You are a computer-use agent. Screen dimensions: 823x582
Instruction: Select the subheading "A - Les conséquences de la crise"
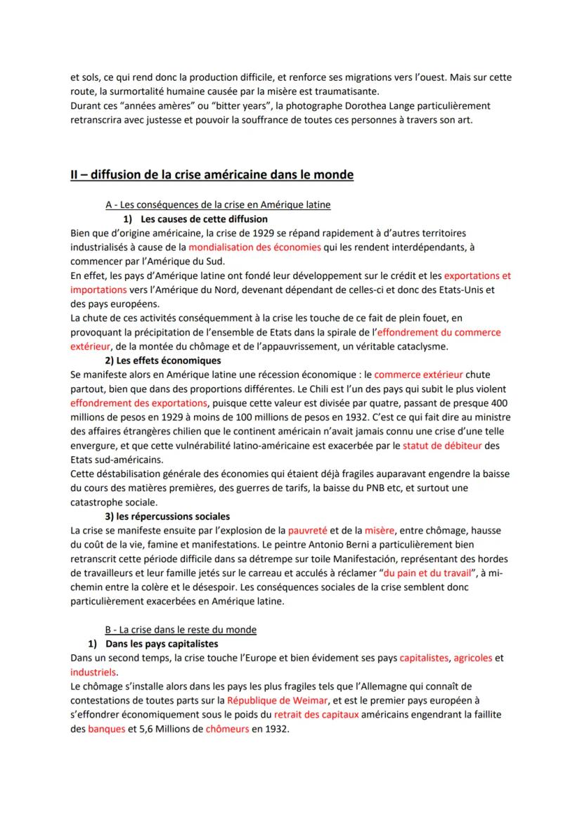[218, 205]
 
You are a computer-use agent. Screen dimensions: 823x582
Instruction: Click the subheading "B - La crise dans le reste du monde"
[181, 629]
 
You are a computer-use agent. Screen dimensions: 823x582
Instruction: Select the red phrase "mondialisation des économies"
[254, 247]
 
